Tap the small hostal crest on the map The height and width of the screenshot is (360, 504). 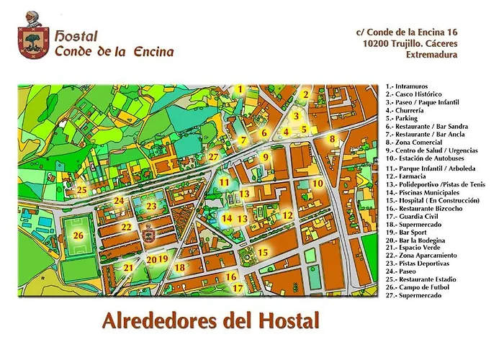[144, 235]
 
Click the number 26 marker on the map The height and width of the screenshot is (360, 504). [79, 235]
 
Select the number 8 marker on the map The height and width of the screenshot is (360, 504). [332, 140]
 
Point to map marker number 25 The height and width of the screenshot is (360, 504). [82, 191]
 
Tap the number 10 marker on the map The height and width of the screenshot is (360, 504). [318, 184]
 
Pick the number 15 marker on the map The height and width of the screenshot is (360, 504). [263, 252]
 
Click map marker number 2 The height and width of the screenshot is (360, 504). [305, 94]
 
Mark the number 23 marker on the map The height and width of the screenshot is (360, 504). [151, 206]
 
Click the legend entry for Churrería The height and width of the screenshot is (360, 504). [408, 111]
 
